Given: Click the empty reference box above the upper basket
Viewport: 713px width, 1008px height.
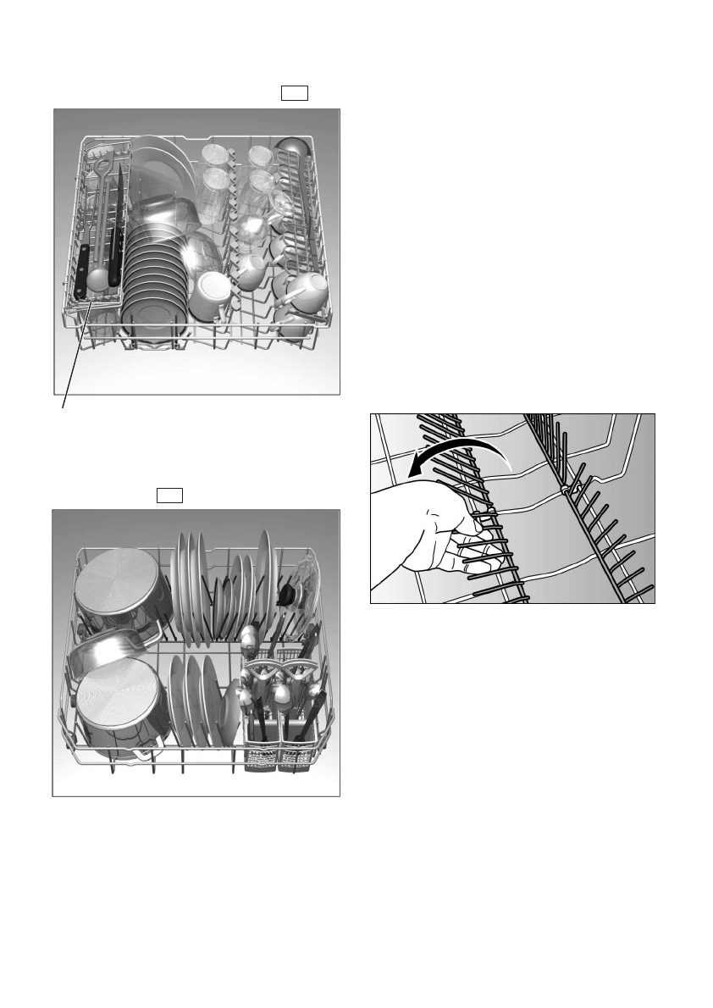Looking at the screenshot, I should [294, 93].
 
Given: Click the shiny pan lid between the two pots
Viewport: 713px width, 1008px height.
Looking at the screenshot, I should [110, 648].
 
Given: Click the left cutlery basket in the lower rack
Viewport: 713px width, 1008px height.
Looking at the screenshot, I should [260, 745].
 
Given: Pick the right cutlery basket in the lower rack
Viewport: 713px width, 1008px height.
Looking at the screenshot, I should [294, 745].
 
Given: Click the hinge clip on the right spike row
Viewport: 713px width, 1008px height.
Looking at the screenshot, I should [563, 490].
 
